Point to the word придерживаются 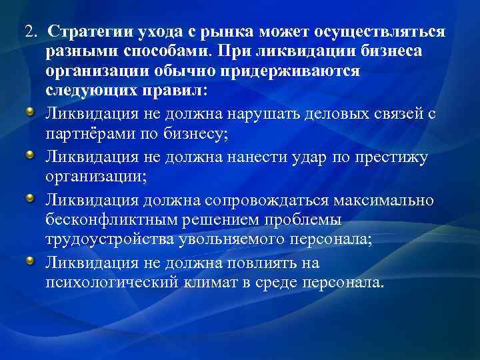(x=302, y=71)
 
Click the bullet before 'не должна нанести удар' (x=31, y=153)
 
